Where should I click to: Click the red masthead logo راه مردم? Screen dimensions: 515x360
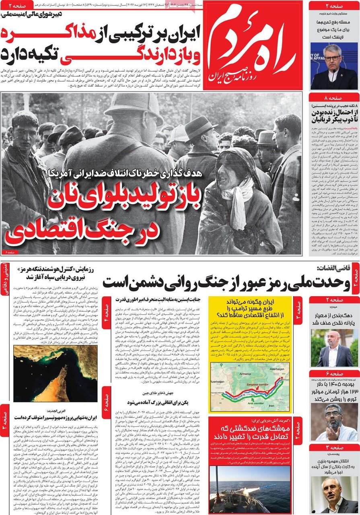tap(253, 45)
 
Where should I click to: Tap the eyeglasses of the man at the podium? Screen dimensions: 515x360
tap(332, 58)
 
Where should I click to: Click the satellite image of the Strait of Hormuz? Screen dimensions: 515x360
tap(55, 373)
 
